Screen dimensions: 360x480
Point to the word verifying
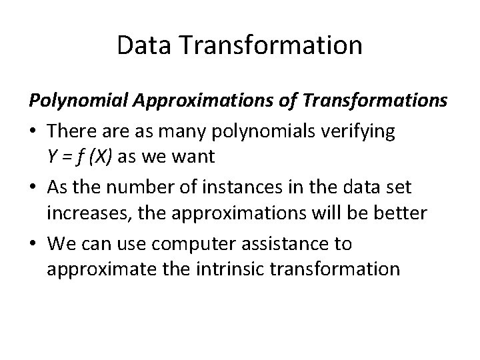click(x=363, y=131)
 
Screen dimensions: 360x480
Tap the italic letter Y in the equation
click(x=52, y=157)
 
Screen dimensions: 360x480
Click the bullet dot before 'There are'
click(x=33, y=132)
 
